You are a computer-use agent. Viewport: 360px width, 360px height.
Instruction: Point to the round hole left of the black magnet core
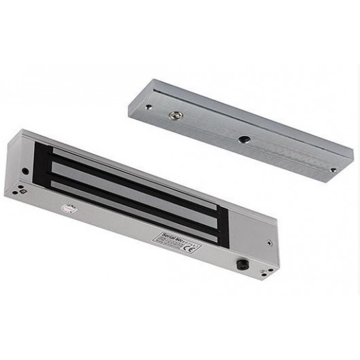[x=25, y=170]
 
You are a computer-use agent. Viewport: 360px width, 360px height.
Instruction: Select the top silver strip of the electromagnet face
[x=129, y=170]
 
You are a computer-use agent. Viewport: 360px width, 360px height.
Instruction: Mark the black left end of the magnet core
[x=42, y=170]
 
